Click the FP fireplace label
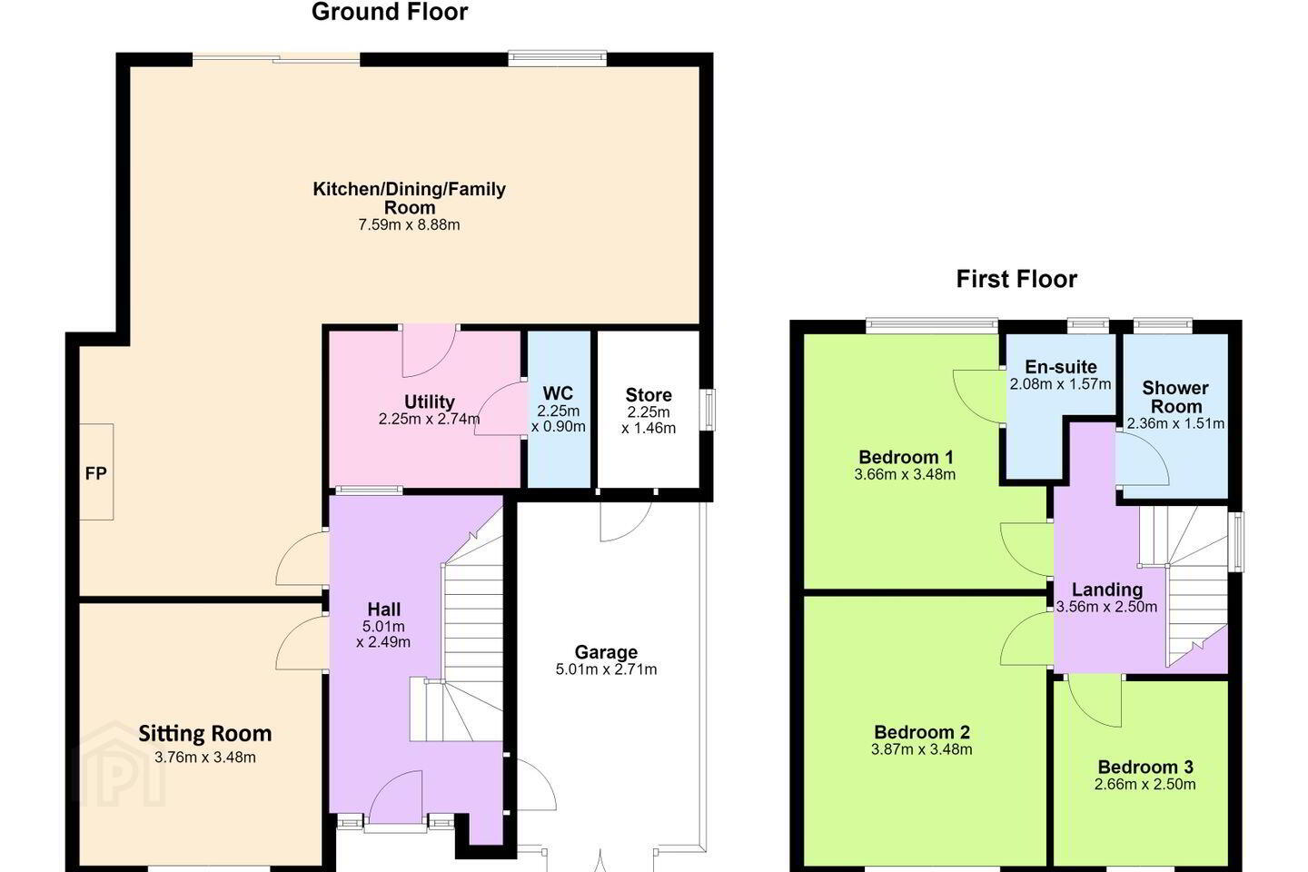95,473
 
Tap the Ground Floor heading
390,12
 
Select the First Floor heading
1016,279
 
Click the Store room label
649,395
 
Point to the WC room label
558,393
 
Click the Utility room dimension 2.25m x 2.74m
429,419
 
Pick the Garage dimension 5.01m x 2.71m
606,669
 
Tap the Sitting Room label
205,734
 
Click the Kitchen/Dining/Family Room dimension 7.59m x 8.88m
409,225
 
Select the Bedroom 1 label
906,457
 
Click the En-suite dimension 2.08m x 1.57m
1060,384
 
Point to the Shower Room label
1175,397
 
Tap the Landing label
1107,590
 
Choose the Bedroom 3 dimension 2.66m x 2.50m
1145,785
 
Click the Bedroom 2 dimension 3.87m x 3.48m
921,749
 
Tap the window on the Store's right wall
708,410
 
